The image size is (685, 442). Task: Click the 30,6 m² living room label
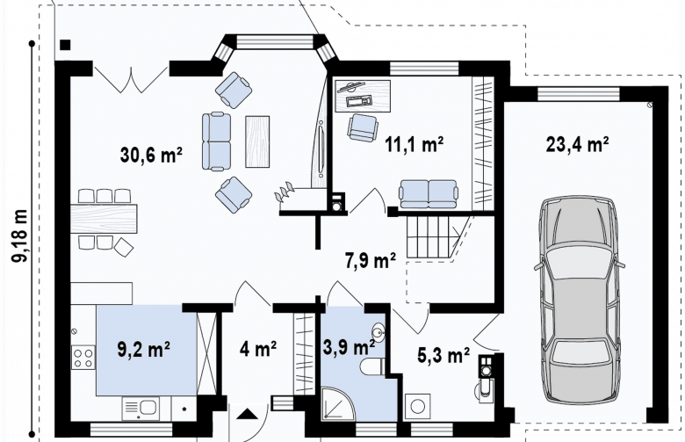click(x=151, y=155)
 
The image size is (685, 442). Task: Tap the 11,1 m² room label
click(x=415, y=144)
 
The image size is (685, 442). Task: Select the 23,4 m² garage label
click(x=578, y=144)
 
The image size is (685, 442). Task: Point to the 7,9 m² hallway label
click(x=371, y=261)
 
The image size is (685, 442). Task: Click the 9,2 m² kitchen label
click(x=144, y=350)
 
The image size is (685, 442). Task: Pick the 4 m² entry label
click(x=258, y=350)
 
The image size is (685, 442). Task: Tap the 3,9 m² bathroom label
click(x=349, y=348)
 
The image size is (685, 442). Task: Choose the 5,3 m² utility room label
click(x=443, y=355)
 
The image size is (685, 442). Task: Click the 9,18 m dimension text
click(x=20, y=236)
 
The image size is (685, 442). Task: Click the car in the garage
click(x=580, y=301)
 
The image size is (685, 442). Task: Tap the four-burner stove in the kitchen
click(x=83, y=357)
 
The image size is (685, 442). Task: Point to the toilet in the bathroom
click(x=372, y=366)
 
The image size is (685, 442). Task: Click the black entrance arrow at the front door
click(x=248, y=414)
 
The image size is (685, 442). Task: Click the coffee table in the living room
click(x=257, y=141)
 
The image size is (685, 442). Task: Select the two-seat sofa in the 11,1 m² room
click(x=429, y=193)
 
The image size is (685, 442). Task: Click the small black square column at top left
click(x=65, y=44)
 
